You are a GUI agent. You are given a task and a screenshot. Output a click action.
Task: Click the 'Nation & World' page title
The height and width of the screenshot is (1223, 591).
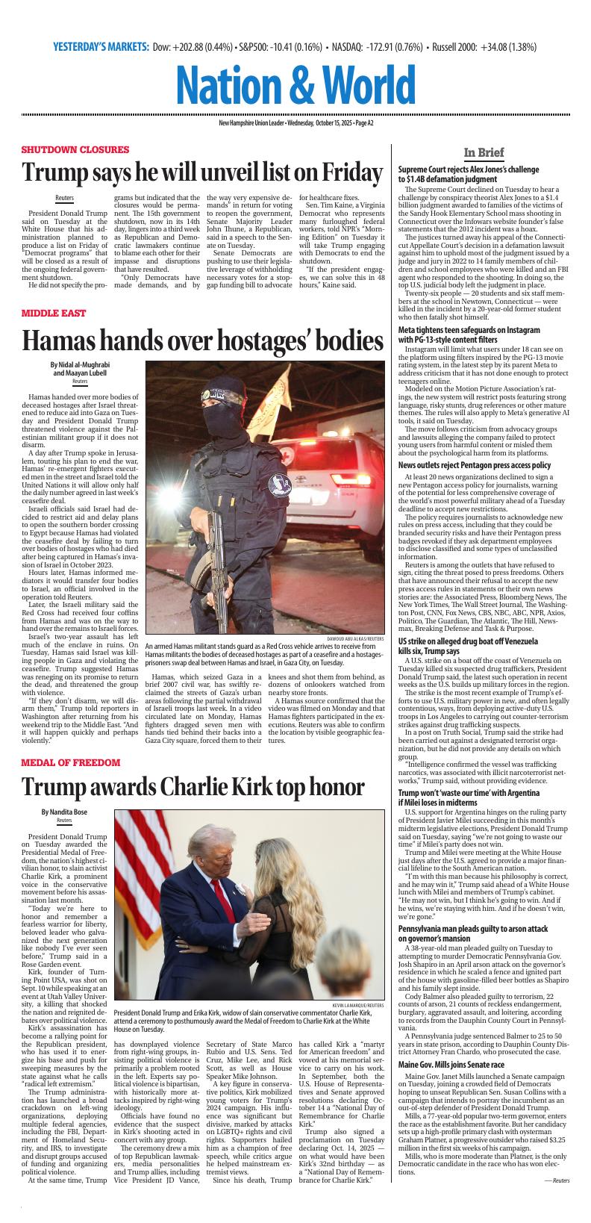pos(296,85)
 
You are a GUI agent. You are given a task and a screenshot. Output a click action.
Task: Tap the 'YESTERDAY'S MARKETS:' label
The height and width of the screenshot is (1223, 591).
pos(101,47)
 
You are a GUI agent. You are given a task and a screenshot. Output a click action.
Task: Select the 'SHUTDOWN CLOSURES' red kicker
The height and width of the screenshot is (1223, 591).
pos(75,149)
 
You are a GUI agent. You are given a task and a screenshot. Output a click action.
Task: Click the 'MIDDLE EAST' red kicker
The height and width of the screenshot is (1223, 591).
pos(54,313)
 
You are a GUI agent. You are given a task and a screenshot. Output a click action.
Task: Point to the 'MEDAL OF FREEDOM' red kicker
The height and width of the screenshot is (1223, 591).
pos(70,762)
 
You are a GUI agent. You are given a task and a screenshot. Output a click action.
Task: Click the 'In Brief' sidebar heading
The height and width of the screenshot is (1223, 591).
pos(484,152)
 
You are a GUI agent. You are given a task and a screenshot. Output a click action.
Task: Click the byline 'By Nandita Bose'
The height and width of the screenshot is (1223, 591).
pos(64,812)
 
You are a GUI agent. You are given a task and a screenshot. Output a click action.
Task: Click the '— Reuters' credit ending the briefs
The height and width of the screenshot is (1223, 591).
pos(557,1201)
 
